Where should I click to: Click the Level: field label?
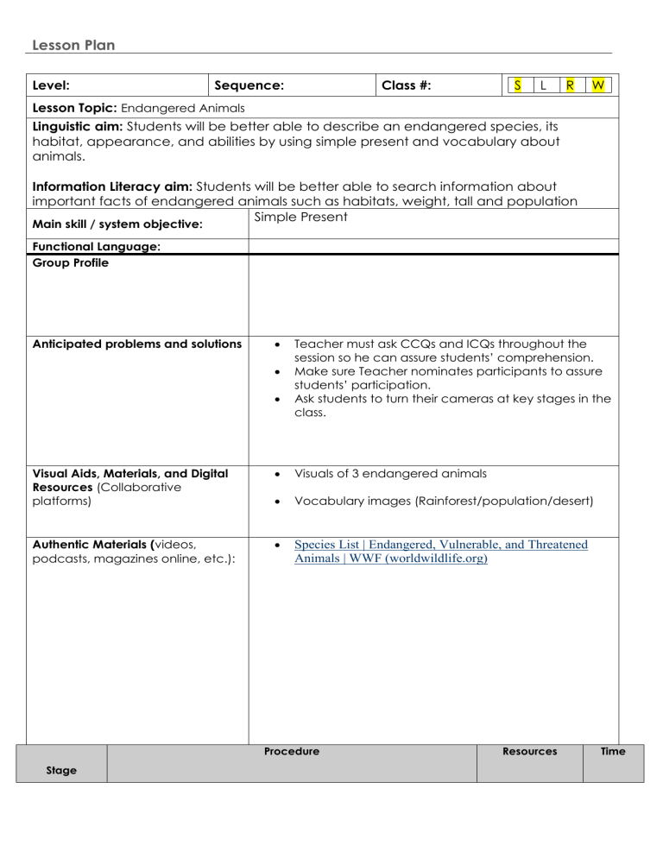tap(51, 85)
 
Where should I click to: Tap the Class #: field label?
tap(407, 85)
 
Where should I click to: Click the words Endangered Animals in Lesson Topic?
tap(183, 108)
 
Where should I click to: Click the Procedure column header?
tap(292, 752)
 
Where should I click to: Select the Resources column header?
tap(529, 752)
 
